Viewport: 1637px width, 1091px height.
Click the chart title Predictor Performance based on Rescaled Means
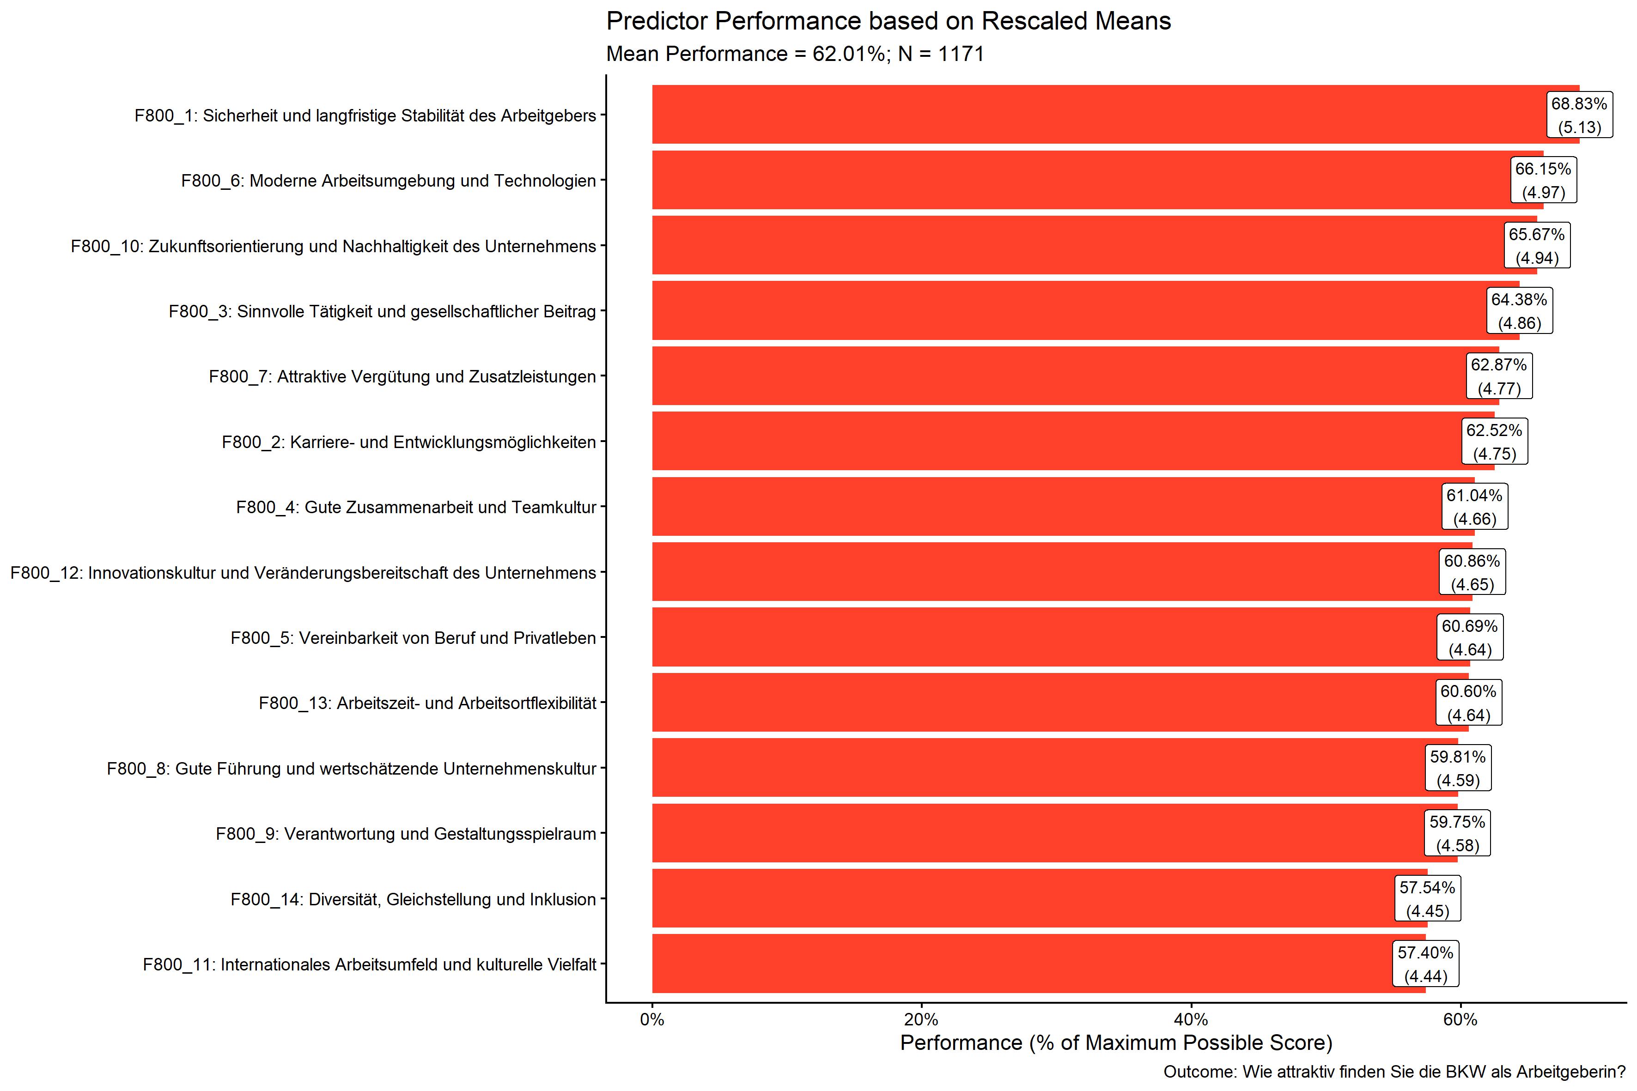coord(888,22)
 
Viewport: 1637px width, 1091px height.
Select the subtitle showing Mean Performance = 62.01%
coord(795,54)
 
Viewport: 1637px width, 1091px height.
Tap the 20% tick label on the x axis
coord(921,1020)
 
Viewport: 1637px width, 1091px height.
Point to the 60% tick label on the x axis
coord(1460,1020)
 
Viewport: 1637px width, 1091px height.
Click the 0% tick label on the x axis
coord(652,1020)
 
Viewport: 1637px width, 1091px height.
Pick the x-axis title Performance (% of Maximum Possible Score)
coord(1116,1043)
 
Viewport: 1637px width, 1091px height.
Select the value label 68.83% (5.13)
coord(1579,115)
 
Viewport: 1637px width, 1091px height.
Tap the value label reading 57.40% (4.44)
coord(1425,964)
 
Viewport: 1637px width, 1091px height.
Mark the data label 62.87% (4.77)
coord(1498,376)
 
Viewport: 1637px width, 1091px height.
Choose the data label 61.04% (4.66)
coord(1474,507)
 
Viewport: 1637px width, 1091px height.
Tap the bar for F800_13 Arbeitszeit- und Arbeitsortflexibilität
coord(1044,703)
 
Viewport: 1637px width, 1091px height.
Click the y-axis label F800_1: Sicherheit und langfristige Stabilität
coord(365,115)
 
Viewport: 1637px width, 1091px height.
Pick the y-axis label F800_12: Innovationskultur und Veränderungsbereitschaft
coord(304,573)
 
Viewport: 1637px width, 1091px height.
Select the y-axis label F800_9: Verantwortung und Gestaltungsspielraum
coord(406,834)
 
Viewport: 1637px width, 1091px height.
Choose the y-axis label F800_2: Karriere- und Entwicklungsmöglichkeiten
coord(408,442)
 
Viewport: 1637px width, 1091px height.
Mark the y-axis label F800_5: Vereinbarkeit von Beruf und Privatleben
coord(414,638)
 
